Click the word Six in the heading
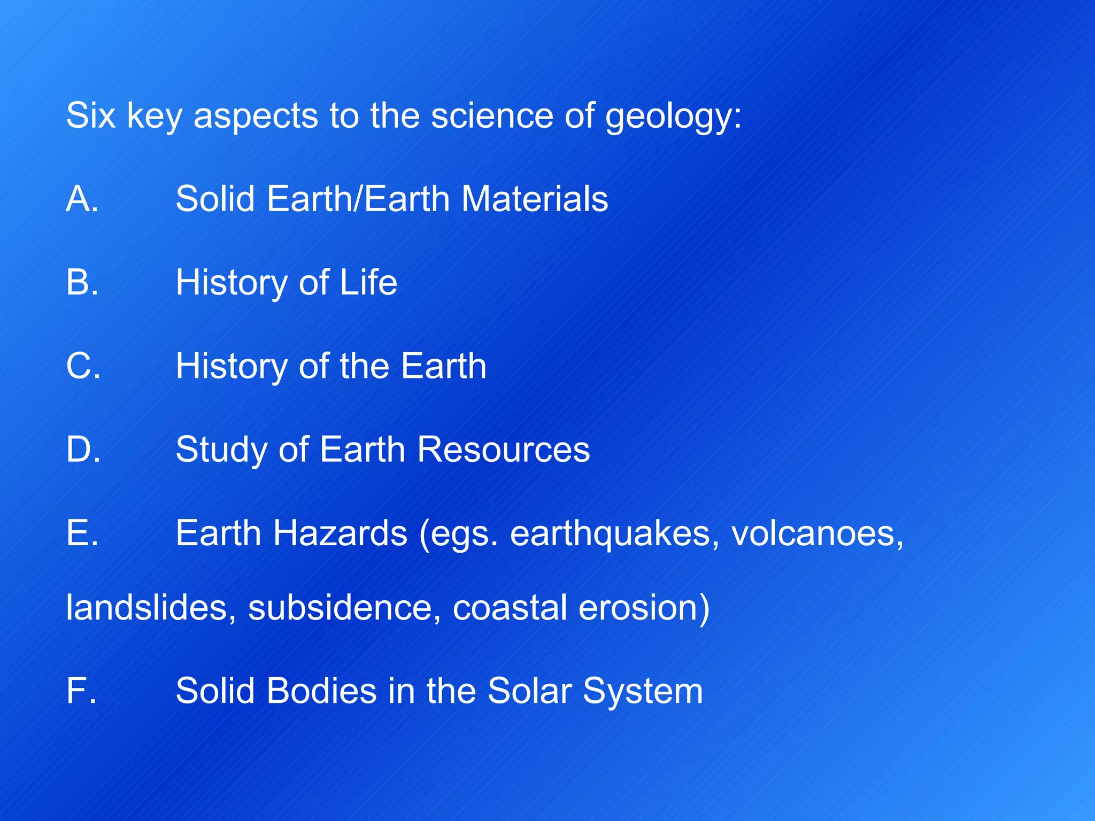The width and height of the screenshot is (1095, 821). [x=90, y=115]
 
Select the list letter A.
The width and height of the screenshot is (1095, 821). [x=82, y=199]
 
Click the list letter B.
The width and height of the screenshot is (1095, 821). [x=82, y=282]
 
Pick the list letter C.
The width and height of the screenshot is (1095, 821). [x=83, y=366]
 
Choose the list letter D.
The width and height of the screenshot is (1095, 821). [x=83, y=449]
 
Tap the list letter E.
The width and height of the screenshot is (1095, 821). [x=82, y=533]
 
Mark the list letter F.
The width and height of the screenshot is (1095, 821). [x=81, y=691]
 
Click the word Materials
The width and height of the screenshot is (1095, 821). [x=534, y=199]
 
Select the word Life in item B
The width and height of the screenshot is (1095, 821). [x=368, y=282]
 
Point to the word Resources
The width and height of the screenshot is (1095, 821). [x=503, y=449]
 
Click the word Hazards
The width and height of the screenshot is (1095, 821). [x=340, y=533]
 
